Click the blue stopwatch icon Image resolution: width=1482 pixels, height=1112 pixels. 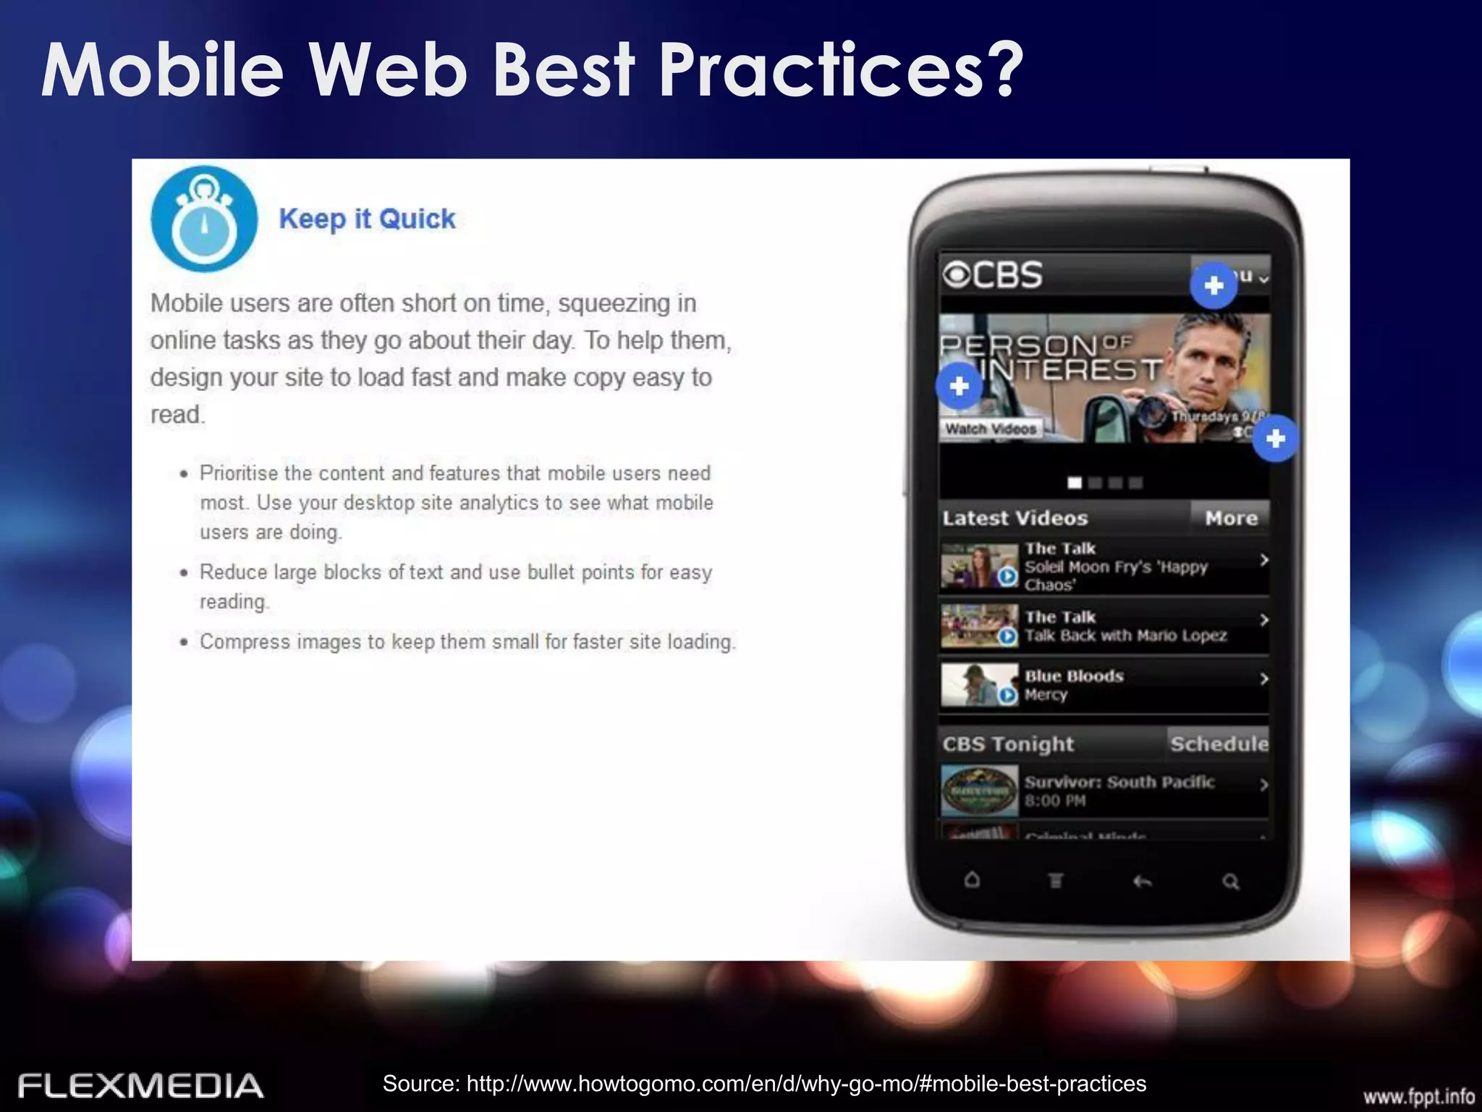point(204,219)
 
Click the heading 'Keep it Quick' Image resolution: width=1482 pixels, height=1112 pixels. point(367,219)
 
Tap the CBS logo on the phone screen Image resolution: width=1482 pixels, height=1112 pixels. point(993,275)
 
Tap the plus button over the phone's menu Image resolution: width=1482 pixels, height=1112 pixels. point(1214,286)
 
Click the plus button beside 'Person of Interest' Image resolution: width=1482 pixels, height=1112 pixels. point(959,386)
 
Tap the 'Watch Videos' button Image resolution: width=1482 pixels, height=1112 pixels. point(991,429)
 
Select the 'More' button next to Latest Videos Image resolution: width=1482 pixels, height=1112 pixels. point(1231,518)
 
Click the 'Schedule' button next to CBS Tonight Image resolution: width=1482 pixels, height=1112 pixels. point(1219,744)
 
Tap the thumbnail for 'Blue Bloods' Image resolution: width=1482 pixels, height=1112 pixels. point(979,685)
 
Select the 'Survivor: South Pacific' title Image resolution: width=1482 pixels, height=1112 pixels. point(1119,782)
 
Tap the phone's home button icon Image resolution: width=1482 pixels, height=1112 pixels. point(972,880)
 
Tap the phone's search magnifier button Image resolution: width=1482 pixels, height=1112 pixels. point(1230,882)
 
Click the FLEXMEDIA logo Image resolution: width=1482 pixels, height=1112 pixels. point(140,1086)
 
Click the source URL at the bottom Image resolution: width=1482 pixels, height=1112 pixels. point(764,1084)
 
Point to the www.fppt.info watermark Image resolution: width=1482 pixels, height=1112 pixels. point(1418,1097)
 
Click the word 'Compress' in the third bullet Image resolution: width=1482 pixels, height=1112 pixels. point(244,642)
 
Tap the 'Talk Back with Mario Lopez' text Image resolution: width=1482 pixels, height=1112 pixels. point(1125,636)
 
